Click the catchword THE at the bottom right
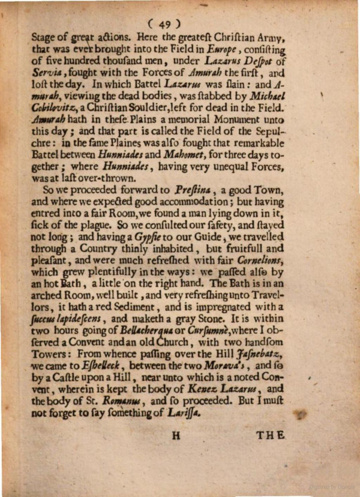coord(271,436)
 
